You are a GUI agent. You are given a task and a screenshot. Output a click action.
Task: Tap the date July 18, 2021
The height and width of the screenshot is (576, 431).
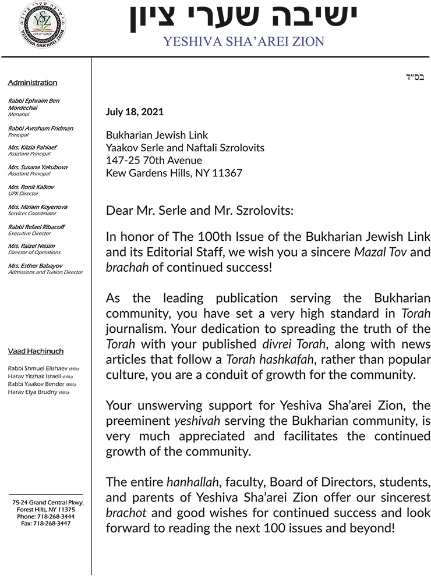point(135,112)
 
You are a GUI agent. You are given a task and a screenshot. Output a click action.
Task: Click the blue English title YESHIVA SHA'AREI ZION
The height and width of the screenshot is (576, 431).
point(243,41)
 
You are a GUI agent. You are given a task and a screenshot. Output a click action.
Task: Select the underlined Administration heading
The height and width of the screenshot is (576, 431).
point(33,83)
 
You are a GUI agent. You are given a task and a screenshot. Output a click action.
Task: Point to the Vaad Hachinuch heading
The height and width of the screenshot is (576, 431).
point(36,351)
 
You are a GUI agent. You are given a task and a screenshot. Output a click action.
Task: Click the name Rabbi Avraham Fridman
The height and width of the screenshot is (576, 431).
point(41,128)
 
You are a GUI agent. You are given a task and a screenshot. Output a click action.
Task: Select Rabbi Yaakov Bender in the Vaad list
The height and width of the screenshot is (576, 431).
point(33,385)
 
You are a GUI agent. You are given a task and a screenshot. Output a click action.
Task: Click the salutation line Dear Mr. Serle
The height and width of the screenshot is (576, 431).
point(199,211)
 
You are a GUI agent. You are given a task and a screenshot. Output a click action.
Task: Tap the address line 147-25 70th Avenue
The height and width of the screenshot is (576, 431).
point(154,161)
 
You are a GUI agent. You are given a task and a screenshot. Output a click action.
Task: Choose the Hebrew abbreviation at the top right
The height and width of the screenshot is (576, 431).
point(415,77)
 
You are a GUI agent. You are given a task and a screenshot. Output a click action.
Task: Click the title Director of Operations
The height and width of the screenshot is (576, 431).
point(34,253)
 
